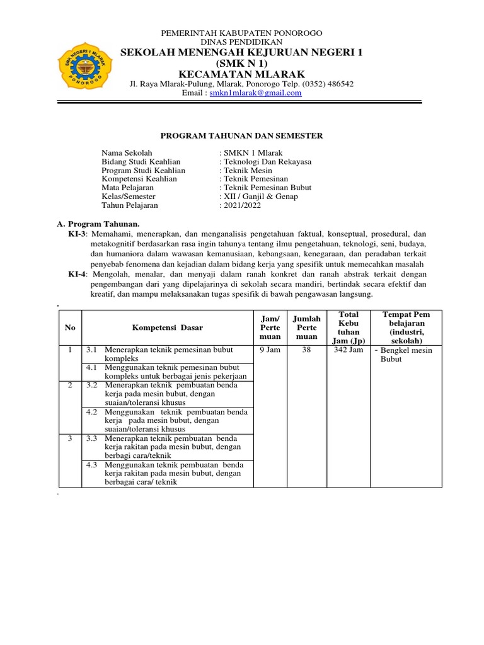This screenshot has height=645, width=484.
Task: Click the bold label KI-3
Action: pyautogui.click(x=79, y=233)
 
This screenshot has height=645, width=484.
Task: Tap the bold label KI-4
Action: pyautogui.click(x=79, y=274)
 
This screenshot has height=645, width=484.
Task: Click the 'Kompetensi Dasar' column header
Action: pyautogui.click(x=167, y=328)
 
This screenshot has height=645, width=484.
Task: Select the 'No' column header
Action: pyautogui.click(x=70, y=328)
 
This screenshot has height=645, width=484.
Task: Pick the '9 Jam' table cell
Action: pyautogui.click(x=270, y=350)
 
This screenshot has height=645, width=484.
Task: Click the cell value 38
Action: pyautogui.click(x=307, y=350)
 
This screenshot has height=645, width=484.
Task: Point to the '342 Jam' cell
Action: pyautogui.click(x=348, y=350)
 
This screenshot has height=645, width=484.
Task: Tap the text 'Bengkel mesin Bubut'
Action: pyautogui.click(x=406, y=355)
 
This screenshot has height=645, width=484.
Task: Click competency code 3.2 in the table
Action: pyautogui.click(x=92, y=385)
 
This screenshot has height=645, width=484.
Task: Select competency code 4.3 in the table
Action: pyautogui.click(x=92, y=465)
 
